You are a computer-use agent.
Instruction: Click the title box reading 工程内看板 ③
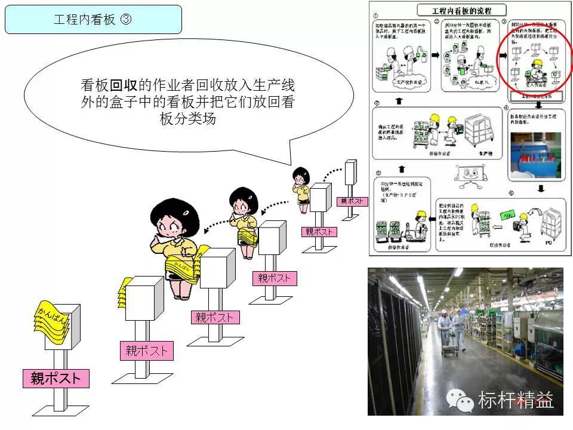pyautogui.click(x=93, y=19)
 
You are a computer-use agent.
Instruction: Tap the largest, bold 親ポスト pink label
pyautogui.click(x=56, y=378)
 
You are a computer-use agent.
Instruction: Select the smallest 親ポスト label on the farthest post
pyautogui.click(x=352, y=201)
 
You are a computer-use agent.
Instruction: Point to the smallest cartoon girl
pyautogui.click(x=301, y=185)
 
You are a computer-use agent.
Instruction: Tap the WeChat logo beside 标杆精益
pyautogui.click(x=461, y=400)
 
